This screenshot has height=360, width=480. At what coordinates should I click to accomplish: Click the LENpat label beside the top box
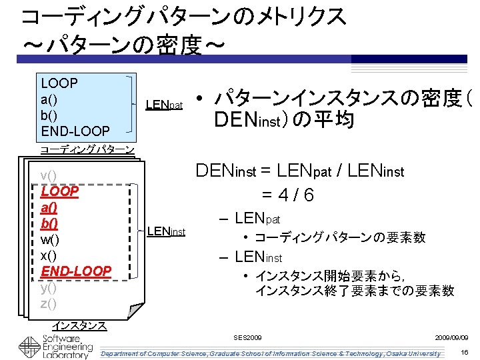[x=163, y=105]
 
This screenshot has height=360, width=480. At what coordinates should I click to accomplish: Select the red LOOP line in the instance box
[x=60, y=191]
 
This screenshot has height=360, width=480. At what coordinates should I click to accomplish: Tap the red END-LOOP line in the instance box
[x=76, y=271]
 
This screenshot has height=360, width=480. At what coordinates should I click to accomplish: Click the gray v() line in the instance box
[x=49, y=175]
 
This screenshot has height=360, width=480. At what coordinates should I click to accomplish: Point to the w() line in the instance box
[x=50, y=239]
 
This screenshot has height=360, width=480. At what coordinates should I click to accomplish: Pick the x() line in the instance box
[x=49, y=255]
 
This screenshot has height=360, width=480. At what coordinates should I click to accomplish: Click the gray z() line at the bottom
[x=49, y=304]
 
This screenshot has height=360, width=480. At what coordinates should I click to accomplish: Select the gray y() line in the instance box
[x=49, y=288]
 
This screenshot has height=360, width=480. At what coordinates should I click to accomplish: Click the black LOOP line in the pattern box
[x=59, y=83]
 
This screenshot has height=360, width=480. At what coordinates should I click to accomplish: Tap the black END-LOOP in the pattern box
[x=76, y=131]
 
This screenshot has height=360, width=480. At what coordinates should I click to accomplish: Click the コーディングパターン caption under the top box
[x=87, y=149]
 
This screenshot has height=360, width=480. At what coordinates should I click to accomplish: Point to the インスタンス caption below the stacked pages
[x=79, y=325]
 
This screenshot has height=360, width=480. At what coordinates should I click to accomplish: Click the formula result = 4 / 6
[x=287, y=195]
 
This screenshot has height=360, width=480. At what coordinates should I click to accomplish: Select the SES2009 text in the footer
[x=248, y=338]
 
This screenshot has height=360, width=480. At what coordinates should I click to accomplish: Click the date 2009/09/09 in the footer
[x=451, y=338]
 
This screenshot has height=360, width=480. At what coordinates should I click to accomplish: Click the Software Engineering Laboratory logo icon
[x=29, y=348]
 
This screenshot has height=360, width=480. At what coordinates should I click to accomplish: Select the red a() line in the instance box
[x=49, y=207]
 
